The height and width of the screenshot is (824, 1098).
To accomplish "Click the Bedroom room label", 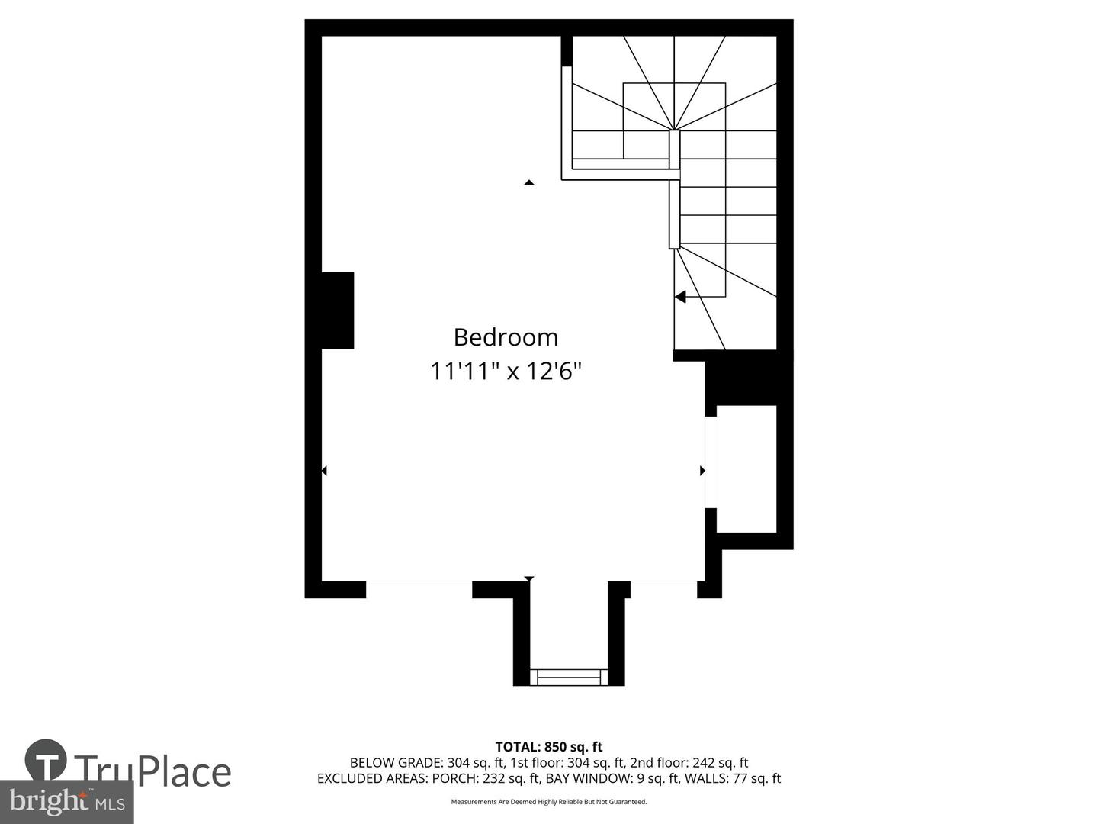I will click(x=506, y=337).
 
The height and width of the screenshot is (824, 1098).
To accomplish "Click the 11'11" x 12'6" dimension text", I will click(x=506, y=372).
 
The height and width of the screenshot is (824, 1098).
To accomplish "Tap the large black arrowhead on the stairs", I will click(x=680, y=297).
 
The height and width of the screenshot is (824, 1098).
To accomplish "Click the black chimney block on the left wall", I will click(x=336, y=311).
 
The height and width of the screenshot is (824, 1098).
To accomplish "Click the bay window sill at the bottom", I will click(x=569, y=677).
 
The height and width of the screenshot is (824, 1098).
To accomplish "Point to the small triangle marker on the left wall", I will click(x=324, y=471).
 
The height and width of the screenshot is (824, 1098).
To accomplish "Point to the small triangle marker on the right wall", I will click(x=702, y=471).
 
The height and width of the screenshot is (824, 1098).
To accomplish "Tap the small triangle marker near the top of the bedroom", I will click(x=528, y=182).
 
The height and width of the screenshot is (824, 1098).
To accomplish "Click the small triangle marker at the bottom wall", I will click(x=528, y=578).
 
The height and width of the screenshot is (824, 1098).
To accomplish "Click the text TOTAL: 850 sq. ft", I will click(x=549, y=747).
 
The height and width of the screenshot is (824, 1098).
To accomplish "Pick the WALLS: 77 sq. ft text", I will click(x=733, y=779).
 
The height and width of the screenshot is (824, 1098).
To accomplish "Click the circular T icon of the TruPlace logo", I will click(x=46, y=760).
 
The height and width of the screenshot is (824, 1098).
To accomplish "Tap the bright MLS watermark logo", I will click(x=67, y=802).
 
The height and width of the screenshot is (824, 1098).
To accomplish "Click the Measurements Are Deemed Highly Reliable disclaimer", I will click(x=549, y=802).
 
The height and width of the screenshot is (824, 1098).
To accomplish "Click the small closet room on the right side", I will click(x=746, y=468).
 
